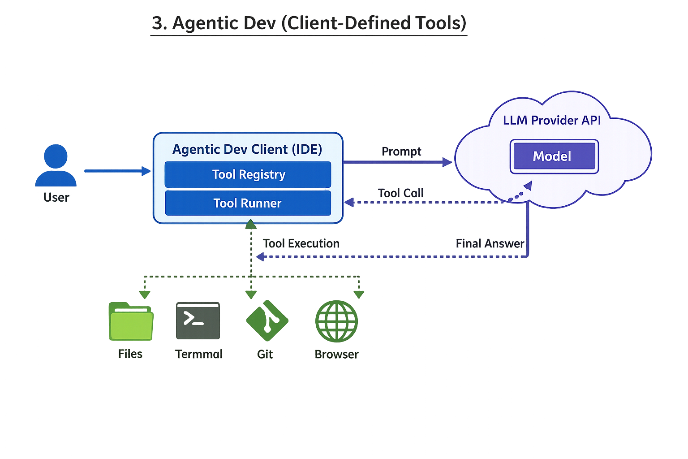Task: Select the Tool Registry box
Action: [x=248, y=174]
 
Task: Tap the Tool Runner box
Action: [x=248, y=203]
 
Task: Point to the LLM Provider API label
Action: [x=551, y=120]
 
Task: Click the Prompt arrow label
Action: [x=401, y=152]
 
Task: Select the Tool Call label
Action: [x=400, y=193]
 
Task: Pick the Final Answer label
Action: [x=490, y=243]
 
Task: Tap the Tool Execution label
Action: [x=301, y=243]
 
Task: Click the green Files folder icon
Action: [x=131, y=321]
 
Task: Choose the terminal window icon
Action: [x=198, y=320]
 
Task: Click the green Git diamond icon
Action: [x=267, y=320]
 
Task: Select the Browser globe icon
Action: [x=336, y=321]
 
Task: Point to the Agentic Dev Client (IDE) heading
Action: [x=247, y=149]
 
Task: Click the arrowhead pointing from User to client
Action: [x=146, y=171]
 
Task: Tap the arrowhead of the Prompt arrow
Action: [x=447, y=162]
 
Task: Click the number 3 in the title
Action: [x=157, y=23]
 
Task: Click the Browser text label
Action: [x=336, y=354]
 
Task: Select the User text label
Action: [x=56, y=197]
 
